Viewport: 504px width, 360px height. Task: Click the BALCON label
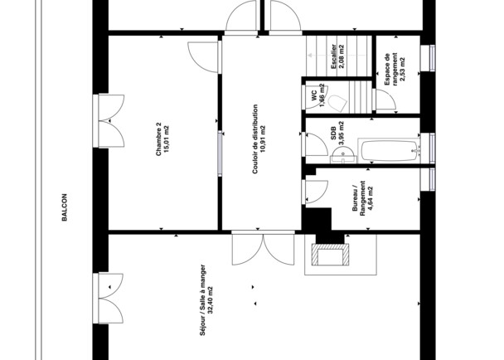63,209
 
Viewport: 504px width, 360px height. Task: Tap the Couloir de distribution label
254,139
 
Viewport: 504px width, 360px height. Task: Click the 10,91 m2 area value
264,139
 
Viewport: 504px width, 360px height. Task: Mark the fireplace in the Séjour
329,255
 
